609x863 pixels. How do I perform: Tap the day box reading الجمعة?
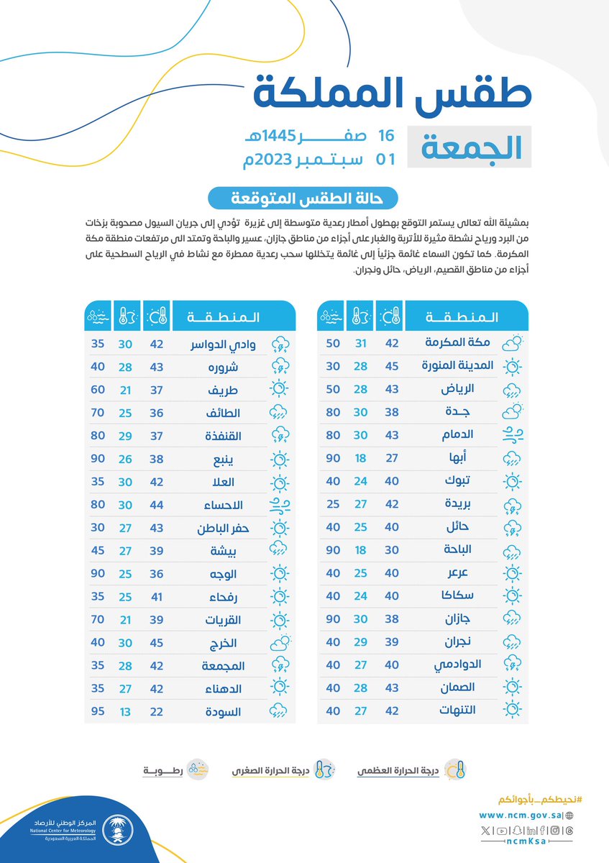470,147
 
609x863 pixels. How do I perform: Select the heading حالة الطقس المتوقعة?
303,197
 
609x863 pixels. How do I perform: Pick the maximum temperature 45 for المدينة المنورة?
393,366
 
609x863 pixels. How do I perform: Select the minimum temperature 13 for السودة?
126,712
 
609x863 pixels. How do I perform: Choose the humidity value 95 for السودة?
97,712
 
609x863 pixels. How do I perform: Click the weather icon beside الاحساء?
280,505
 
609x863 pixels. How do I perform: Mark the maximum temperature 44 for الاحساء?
157,505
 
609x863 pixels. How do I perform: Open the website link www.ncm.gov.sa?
521,816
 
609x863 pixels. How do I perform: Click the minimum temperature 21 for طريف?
126,390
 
